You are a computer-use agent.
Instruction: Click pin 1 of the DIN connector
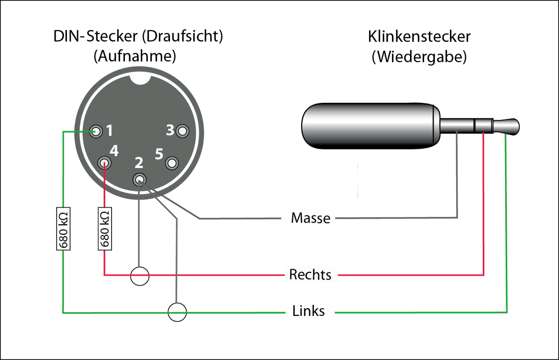click(x=97, y=131)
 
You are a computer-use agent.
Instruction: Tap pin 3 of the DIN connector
click(x=182, y=131)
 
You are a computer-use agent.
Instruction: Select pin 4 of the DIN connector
click(x=104, y=163)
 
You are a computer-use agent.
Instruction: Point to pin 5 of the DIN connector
click(x=172, y=163)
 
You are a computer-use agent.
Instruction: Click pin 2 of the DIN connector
click(x=139, y=180)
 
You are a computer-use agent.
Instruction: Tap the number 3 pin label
click(x=170, y=130)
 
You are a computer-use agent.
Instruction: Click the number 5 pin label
click(x=159, y=154)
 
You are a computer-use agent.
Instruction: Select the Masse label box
click(x=308, y=219)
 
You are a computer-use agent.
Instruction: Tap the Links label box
click(x=309, y=311)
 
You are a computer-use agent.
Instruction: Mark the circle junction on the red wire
click(x=140, y=275)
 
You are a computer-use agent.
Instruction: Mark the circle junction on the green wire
click(x=177, y=312)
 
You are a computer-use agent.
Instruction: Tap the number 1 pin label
click(x=110, y=130)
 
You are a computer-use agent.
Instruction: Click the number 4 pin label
click(x=114, y=151)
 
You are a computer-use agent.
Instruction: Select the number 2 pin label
click(x=139, y=163)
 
